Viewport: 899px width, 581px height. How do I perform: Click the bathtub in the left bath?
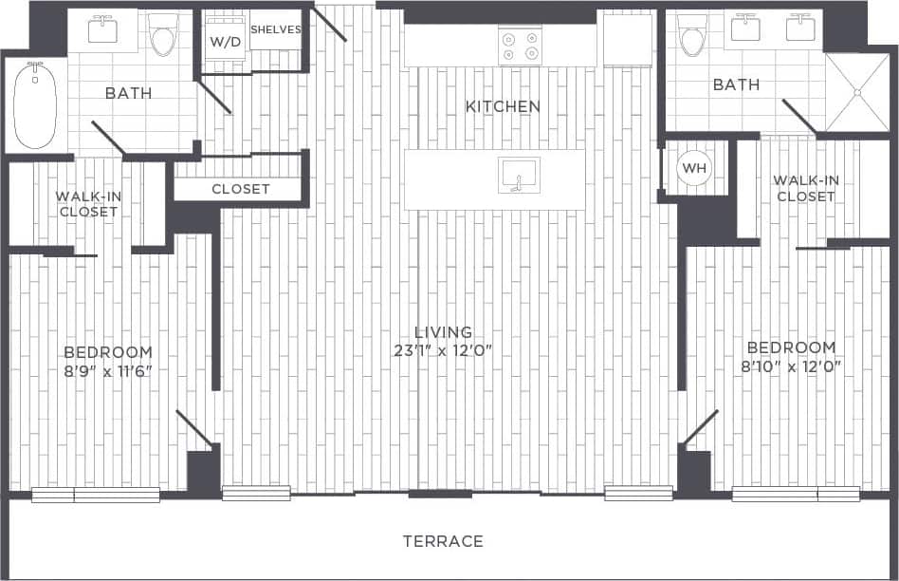(36, 105)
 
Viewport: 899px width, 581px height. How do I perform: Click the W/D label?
(224, 42)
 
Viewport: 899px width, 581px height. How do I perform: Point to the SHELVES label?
(275, 29)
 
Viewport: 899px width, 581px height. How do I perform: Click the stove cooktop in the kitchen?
(521, 47)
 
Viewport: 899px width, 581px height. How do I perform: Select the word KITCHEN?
(503, 106)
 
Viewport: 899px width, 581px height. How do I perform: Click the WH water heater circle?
(695, 168)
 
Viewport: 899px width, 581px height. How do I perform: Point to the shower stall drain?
(857, 93)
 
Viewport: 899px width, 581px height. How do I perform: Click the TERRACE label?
(443, 541)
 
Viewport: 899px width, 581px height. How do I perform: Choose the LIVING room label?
(443, 332)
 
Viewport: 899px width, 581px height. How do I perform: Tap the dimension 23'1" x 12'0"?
(443, 350)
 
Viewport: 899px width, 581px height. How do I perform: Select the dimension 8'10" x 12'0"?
(791, 365)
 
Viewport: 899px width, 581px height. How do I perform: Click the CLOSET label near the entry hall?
(241, 189)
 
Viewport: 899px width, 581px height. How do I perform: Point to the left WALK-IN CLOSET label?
(87, 204)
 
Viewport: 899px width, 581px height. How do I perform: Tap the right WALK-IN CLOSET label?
(805, 188)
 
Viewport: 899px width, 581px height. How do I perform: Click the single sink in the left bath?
(102, 30)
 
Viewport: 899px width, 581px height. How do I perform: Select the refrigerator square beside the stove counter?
(628, 40)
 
